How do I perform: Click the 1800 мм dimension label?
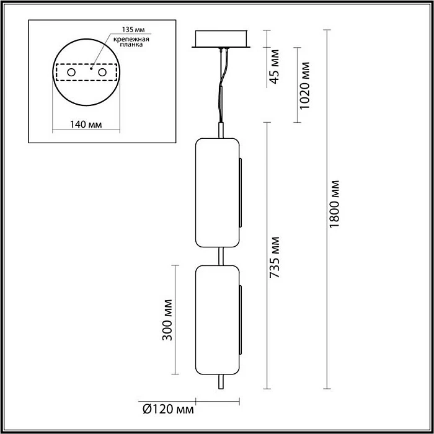click(x=335, y=205)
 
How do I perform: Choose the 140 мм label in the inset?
click(x=86, y=124)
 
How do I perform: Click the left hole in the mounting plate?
click(x=71, y=73)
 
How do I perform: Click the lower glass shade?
click(x=218, y=319)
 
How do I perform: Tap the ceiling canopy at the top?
click(x=221, y=39)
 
